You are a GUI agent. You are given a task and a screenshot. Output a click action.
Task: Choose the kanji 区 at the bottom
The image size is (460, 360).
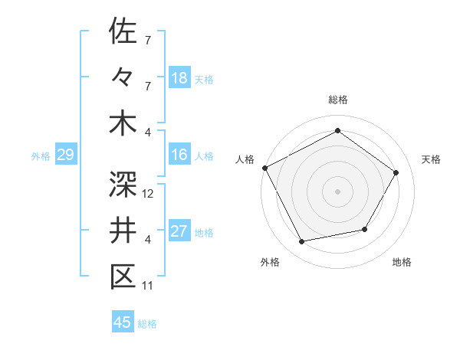coord(123,277)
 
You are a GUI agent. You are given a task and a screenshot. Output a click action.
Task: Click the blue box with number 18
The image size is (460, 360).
coord(179,77)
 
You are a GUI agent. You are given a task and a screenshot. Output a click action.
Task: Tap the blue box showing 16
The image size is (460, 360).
coord(179,155)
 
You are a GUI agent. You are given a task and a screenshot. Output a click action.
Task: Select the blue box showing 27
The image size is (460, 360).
coord(179,231)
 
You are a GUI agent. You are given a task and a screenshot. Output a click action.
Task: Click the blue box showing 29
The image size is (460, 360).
coord(65,155)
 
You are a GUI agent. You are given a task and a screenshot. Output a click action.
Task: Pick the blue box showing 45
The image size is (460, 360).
coord(123,322)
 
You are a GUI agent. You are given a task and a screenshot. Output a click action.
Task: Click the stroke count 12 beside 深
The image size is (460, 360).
coord(149,194)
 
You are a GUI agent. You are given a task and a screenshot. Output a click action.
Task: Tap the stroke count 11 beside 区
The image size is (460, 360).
coord(148,286)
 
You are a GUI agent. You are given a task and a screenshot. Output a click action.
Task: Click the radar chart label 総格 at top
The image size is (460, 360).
coord(337,100)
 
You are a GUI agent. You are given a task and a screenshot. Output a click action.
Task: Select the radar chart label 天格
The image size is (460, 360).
coord(431,159)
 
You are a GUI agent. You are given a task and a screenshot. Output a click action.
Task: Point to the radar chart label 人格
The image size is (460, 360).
coord(245,159)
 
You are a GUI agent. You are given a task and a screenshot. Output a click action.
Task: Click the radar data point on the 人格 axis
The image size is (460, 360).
coord(265,168)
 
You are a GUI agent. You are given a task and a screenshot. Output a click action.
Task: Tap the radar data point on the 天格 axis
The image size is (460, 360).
coord(396,172)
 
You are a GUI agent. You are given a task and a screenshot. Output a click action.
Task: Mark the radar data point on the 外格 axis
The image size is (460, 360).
coord(302,241)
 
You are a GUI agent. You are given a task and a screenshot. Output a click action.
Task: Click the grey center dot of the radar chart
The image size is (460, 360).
coord(337,191)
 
